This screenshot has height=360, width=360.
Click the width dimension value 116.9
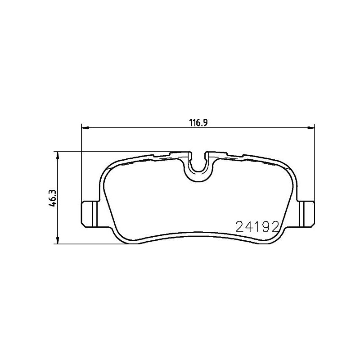pyautogui.click(x=198, y=122)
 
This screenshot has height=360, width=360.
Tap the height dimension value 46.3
pyautogui.click(x=53, y=198)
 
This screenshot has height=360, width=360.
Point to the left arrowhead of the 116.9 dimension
pyautogui.click(x=84, y=128)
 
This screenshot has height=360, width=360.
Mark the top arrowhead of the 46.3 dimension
pyautogui.click(x=57, y=154)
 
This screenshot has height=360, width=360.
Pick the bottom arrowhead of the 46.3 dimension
pyautogui.click(x=57, y=241)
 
